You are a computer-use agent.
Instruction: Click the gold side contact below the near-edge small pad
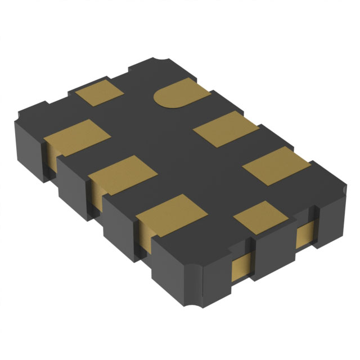pyautogui.click(x=240, y=264)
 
